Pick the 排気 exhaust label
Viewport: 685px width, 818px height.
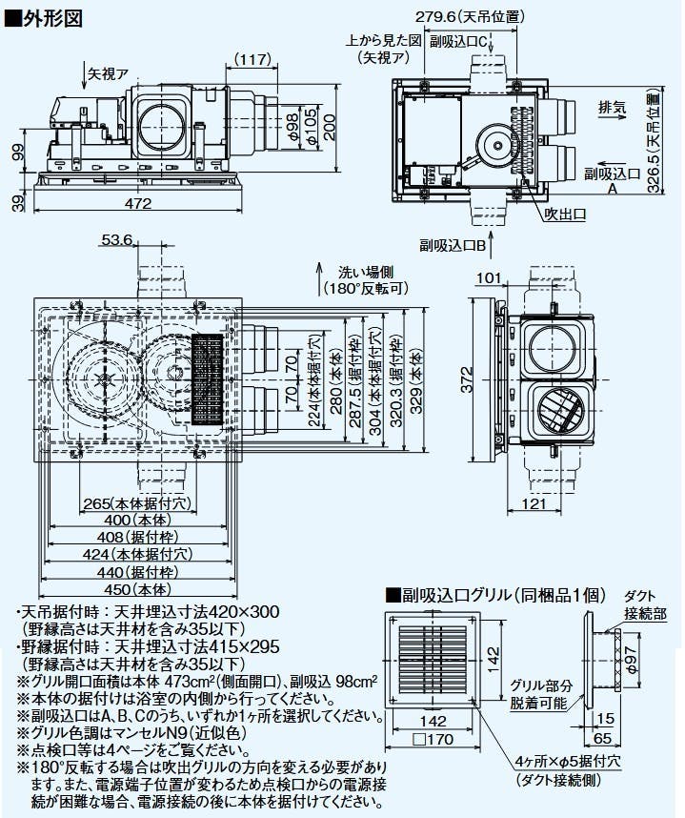point(611,107)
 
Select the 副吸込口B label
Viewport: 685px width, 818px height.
point(456,245)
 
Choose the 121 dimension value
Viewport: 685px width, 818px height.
point(537,504)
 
